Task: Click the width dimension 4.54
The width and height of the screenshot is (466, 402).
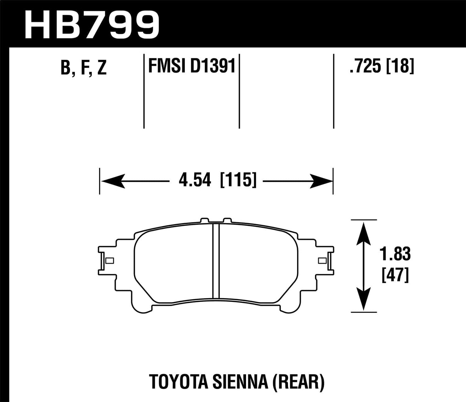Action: (195, 180)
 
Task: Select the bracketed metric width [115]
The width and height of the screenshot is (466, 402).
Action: (238, 180)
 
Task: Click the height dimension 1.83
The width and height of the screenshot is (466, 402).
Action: (395, 254)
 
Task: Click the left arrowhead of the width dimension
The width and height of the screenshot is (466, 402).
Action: (113, 181)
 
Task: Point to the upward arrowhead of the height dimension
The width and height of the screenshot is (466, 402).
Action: (364, 232)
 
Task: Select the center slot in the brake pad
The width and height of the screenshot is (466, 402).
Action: (216, 261)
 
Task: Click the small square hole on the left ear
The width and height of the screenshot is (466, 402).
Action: (110, 261)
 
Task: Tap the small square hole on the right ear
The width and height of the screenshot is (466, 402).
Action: (322, 261)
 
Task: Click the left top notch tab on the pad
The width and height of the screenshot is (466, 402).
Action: (204, 220)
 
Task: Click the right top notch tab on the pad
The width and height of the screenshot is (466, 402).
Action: (227, 220)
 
